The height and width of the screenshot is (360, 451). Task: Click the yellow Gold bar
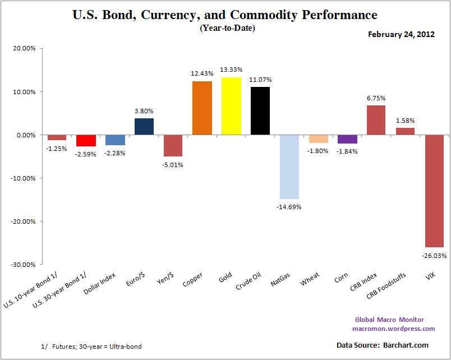pos(231,106)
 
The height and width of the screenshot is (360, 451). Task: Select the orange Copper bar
pos(202,108)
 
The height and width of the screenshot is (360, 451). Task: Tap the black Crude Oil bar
pos(260,111)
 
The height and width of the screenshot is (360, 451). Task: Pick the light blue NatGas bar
pos(289,167)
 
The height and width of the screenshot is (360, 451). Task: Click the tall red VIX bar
pos(434,191)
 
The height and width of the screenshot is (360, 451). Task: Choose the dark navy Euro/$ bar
pos(144,127)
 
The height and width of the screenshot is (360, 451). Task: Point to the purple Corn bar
pos(347,139)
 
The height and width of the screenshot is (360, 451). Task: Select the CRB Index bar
pos(376,120)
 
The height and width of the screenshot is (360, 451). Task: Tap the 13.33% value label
pos(231,70)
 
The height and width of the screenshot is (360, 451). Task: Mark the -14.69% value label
pos(289,207)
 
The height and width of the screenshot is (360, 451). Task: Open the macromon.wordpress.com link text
pos(393,329)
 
